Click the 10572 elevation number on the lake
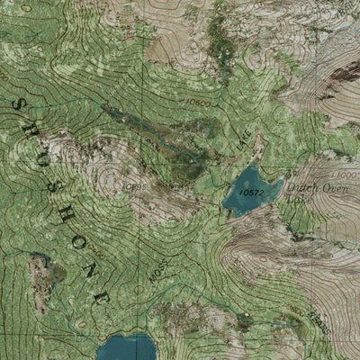[252, 192]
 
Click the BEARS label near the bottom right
[316, 319]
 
